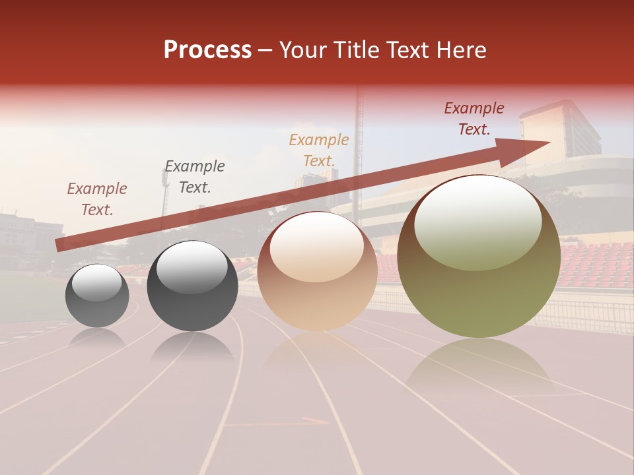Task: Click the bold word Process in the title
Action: point(207,50)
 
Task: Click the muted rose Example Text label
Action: point(97,199)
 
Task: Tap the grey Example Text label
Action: point(195,176)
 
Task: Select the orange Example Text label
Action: point(319,150)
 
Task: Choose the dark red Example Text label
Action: point(474,118)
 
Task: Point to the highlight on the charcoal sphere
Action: point(192,267)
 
